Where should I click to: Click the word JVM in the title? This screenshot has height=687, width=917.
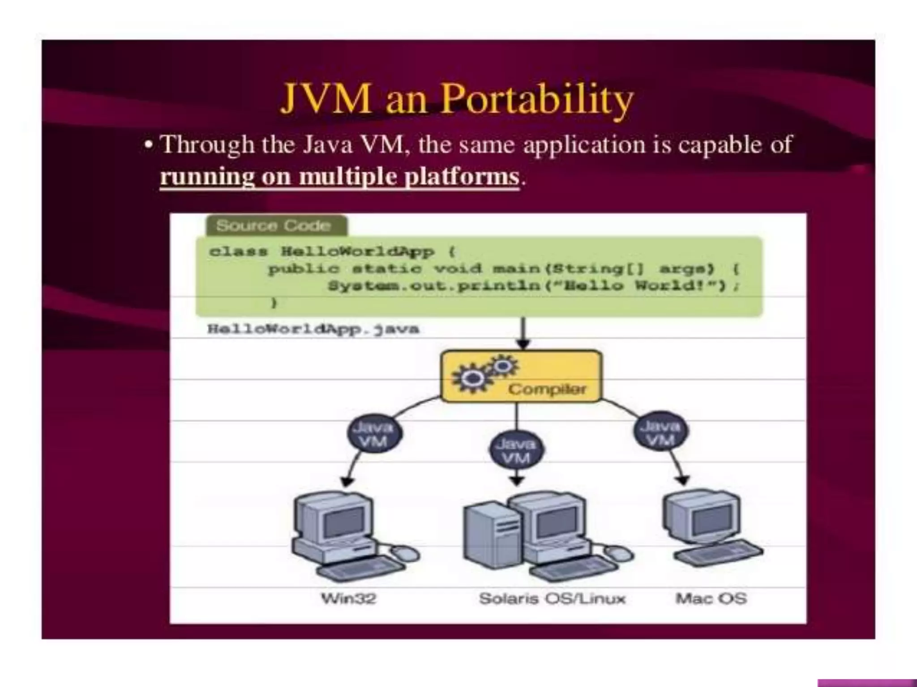tap(326, 99)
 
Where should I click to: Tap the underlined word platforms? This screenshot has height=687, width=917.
tap(462, 176)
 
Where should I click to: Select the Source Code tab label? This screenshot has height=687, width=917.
tap(274, 225)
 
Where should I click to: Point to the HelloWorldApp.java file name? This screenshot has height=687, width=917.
tap(313, 329)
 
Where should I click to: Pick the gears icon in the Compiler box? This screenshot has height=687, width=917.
tap(484, 373)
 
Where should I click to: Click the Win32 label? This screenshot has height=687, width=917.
tap(349, 598)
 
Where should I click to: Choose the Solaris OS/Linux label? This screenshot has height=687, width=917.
tap(552, 598)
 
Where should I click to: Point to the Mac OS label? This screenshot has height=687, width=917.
tap(711, 598)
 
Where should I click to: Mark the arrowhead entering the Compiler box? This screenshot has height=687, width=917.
tap(523, 344)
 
